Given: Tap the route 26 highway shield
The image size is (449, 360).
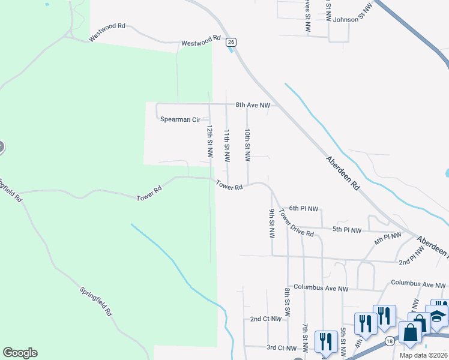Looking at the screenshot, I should coord(231,42).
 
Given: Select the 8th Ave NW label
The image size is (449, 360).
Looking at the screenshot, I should coord(253,105).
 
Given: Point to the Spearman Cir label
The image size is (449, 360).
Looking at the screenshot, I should coord(179,119).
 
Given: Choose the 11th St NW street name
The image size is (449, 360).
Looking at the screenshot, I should coord(227,146).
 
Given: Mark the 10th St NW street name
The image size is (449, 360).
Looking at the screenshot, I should coord(247,145).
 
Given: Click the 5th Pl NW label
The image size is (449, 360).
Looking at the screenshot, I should coord(347,230).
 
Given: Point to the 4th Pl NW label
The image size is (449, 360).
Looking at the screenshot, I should coord(387,238).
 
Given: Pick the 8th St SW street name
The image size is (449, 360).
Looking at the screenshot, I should coord(288,302).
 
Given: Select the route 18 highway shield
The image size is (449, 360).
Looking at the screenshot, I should coord(391,341).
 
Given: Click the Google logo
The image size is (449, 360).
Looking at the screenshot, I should coord(20,353).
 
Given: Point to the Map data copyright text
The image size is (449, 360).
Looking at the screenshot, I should coord(423,355).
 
